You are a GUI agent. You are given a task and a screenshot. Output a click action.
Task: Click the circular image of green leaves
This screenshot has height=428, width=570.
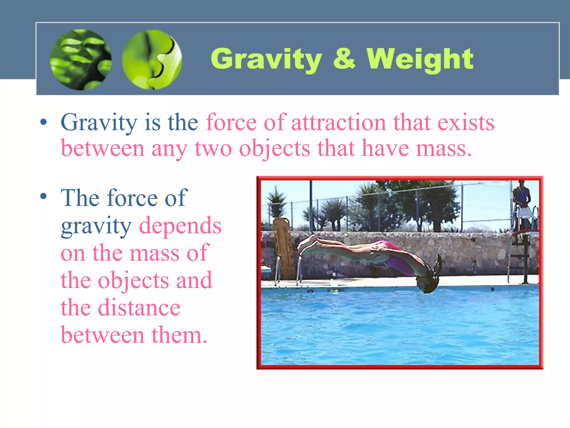pos(81,60)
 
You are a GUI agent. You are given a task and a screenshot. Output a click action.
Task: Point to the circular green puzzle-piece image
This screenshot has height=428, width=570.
pos(152,60)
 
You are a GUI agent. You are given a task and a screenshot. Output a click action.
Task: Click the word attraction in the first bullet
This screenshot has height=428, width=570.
pos(338,123)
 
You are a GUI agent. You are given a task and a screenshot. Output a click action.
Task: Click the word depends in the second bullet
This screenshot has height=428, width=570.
pos(180,226)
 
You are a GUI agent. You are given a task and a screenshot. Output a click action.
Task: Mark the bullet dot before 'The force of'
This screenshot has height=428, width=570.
pos(43,196)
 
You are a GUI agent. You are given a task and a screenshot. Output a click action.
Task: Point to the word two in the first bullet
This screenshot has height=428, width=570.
pos(213,149)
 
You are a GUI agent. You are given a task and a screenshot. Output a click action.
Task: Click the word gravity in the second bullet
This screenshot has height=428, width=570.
pos(96,226)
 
